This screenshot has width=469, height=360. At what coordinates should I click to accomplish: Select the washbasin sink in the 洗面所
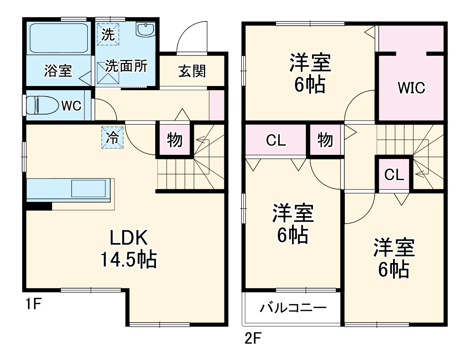pos(146,30)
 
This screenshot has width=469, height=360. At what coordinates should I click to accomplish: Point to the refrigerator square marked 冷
pos(112,138)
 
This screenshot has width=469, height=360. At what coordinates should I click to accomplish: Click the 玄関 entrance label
pos(193,70)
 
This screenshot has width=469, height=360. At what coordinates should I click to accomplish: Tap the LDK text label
pos(128,238)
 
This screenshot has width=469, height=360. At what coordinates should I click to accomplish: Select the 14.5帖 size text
pos(128,260)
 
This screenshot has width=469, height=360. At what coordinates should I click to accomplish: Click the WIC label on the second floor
pos(412,88)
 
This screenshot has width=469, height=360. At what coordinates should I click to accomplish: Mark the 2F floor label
pos(253,338)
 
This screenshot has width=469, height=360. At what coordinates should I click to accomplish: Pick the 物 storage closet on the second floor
pos(325,140)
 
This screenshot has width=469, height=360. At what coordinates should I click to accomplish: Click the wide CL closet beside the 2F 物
pos(276,140)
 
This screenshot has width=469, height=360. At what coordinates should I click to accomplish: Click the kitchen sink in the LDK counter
pos(89,188)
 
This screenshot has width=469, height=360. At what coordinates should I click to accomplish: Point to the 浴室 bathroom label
pos(57,71)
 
